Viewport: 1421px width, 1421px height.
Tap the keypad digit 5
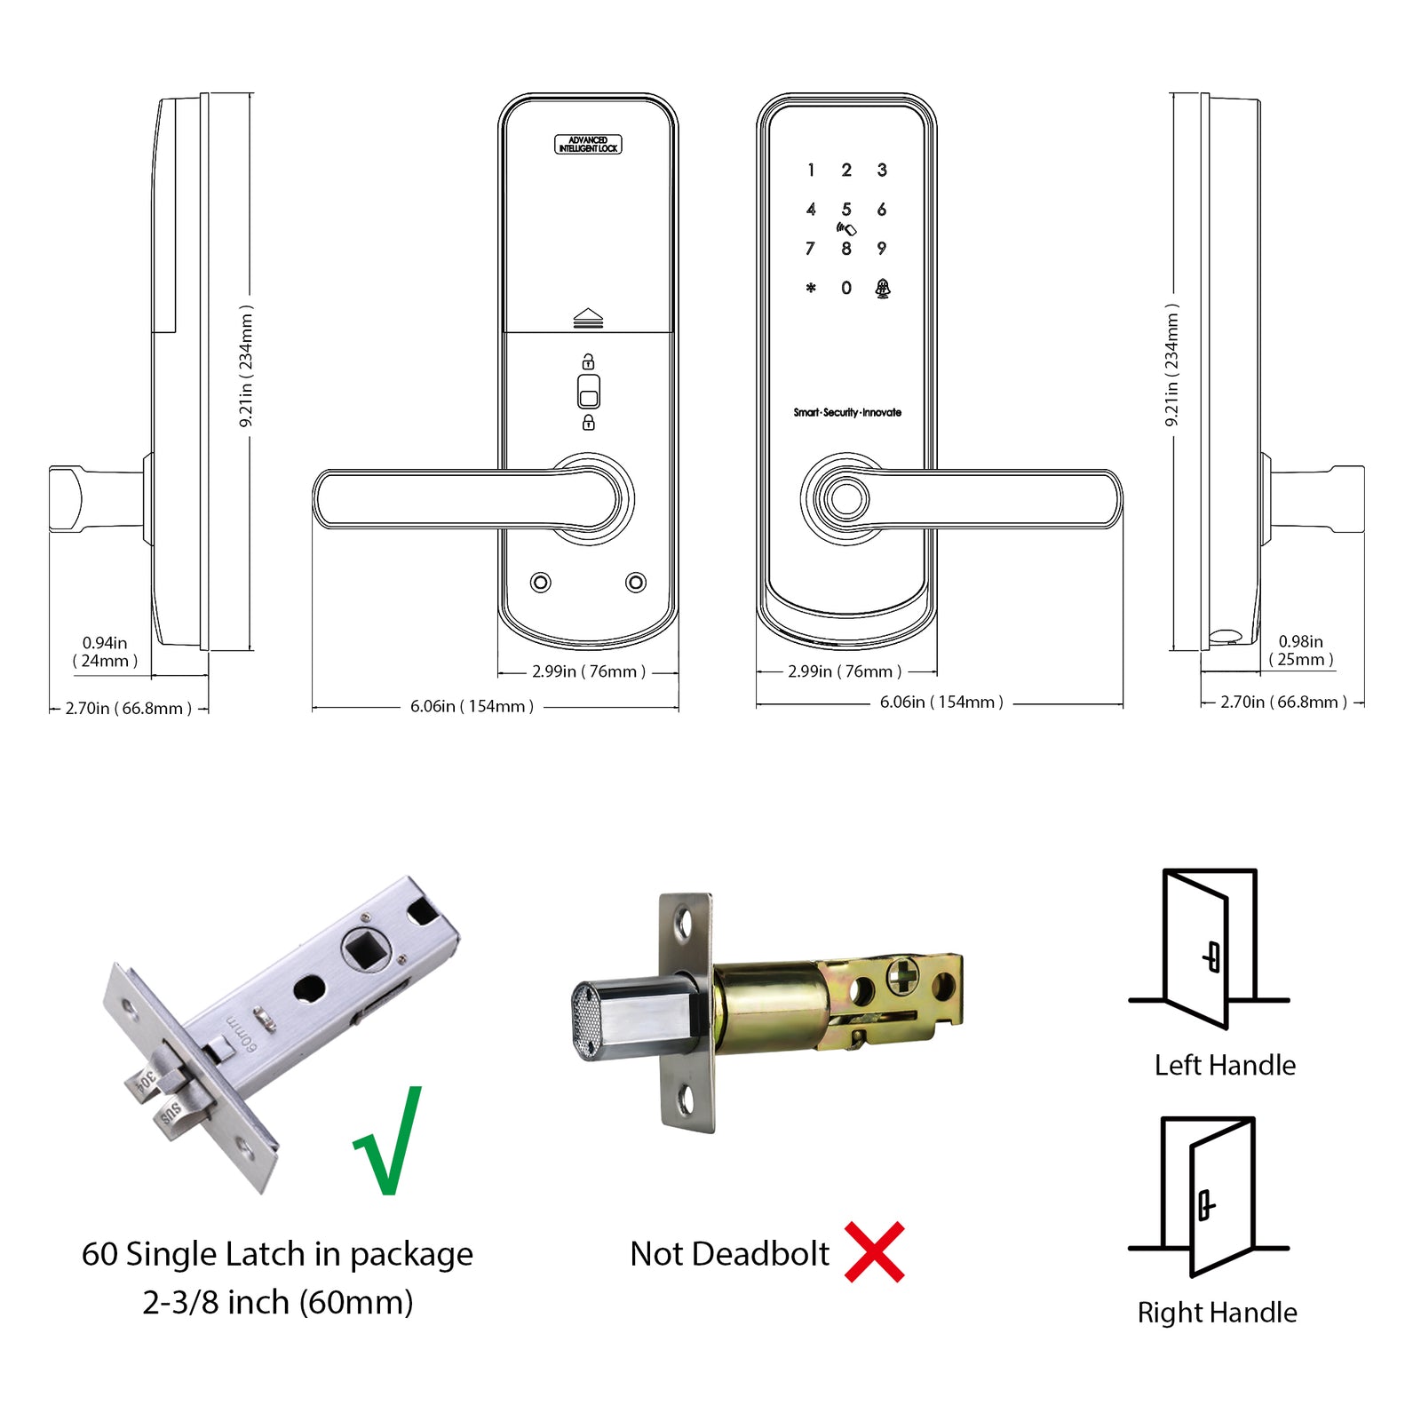[x=846, y=210]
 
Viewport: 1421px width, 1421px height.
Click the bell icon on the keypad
[x=882, y=288]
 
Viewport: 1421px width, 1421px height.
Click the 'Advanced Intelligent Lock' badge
[x=588, y=145]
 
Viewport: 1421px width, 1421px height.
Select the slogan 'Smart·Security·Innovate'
[x=847, y=412]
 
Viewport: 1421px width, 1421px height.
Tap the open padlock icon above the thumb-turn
[x=588, y=361]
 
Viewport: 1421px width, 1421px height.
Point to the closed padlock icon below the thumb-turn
[x=588, y=423]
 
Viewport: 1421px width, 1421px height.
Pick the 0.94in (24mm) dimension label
[x=105, y=652]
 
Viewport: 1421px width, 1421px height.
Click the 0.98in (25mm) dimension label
[x=1300, y=650]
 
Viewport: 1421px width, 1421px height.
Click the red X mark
[x=874, y=1252]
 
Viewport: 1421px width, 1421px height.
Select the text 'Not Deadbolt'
[x=729, y=1254]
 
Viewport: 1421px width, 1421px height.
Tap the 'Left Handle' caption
[x=1225, y=1065]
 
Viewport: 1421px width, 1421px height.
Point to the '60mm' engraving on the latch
[x=242, y=1032]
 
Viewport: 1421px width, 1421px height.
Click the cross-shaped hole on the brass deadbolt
[x=902, y=976]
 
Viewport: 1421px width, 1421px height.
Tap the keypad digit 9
[x=881, y=249]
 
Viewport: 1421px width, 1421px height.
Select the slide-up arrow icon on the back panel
[x=588, y=318]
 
